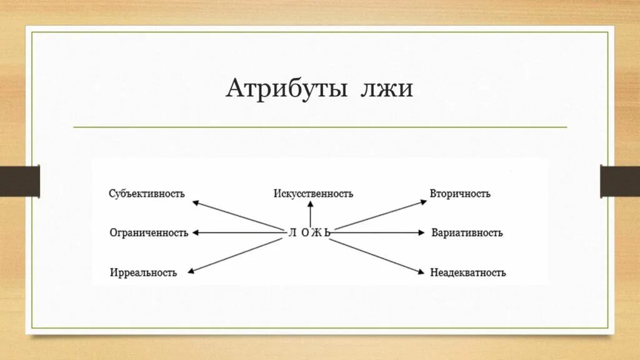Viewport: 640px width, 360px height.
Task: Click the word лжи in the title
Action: (x=386, y=89)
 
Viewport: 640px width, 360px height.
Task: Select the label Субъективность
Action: (x=147, y=194)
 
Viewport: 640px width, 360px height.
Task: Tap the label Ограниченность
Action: (x=149, y=233)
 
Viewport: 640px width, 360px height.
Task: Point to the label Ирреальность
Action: (x=143, y=272)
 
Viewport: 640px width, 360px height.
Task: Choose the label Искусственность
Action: (x=313, y=194)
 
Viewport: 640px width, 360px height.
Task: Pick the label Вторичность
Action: (x=460, y=194)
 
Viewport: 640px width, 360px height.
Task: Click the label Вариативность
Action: (x=467, y=233)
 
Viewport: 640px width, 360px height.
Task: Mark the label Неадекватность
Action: (x=468, y=272)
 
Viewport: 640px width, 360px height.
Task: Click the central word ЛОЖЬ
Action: (x=309, y=233)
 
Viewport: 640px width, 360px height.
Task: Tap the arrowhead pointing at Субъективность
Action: (x=196, y=202)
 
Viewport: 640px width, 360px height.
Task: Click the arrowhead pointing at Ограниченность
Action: (x=196, y=233)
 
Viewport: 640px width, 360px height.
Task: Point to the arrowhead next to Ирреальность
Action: (x=191, y=271)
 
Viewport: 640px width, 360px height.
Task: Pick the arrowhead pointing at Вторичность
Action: (x=422, y=202)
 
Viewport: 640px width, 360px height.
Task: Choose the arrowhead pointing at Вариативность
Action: (x=421, y=233)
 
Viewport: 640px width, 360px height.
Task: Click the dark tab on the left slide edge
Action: (x=19, y=181)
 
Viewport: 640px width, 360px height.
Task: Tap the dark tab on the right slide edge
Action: (x=620, y=181)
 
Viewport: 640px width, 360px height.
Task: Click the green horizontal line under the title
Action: (x=320, y=127)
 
